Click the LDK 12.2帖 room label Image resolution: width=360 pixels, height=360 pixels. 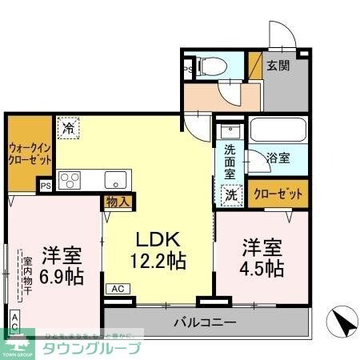point(158,249)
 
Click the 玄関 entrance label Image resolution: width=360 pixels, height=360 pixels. point(278,66)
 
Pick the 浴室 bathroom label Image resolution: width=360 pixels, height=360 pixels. point(278,158)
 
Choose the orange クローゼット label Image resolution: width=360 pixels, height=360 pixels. point(278,193)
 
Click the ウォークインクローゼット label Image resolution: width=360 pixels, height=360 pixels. point(30,153)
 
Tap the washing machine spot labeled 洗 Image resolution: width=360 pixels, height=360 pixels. point(230,193)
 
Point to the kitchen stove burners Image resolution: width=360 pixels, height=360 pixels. point(69,179)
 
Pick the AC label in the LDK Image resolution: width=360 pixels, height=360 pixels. point(117,289)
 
